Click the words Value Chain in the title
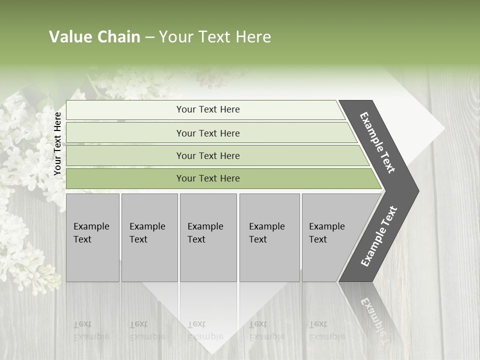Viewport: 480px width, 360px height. (94, 37)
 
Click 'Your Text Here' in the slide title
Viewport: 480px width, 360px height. (215, 37)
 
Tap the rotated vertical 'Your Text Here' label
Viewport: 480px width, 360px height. (57, 144)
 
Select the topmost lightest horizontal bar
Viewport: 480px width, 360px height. (208, 109)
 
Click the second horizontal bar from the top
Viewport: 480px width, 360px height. (208, 133)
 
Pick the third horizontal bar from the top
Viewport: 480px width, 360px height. (208, 155)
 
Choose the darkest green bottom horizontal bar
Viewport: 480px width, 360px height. (208, 178)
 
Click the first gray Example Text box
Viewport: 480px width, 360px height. (92, 237)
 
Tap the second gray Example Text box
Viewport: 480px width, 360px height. (149, 237)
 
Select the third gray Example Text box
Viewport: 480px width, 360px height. (208, 237)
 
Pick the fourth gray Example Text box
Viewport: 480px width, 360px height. (269, 237)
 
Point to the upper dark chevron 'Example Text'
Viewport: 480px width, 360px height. (377, 142)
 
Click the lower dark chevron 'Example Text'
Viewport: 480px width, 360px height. (378, 236)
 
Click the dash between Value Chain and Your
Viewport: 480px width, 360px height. (149, 37)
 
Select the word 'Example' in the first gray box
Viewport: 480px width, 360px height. (91, 226)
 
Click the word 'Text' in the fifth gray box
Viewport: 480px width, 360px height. (318, 239)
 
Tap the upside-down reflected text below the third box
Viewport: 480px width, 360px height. (205, 330)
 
